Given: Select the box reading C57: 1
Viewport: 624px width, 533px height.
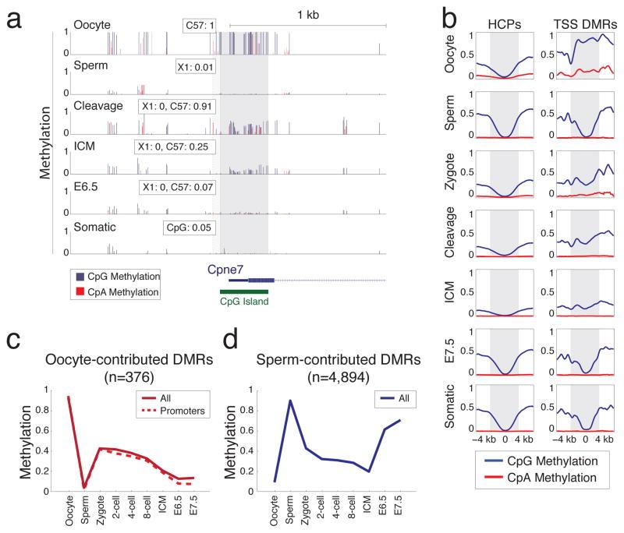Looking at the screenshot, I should pos(200,26).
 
